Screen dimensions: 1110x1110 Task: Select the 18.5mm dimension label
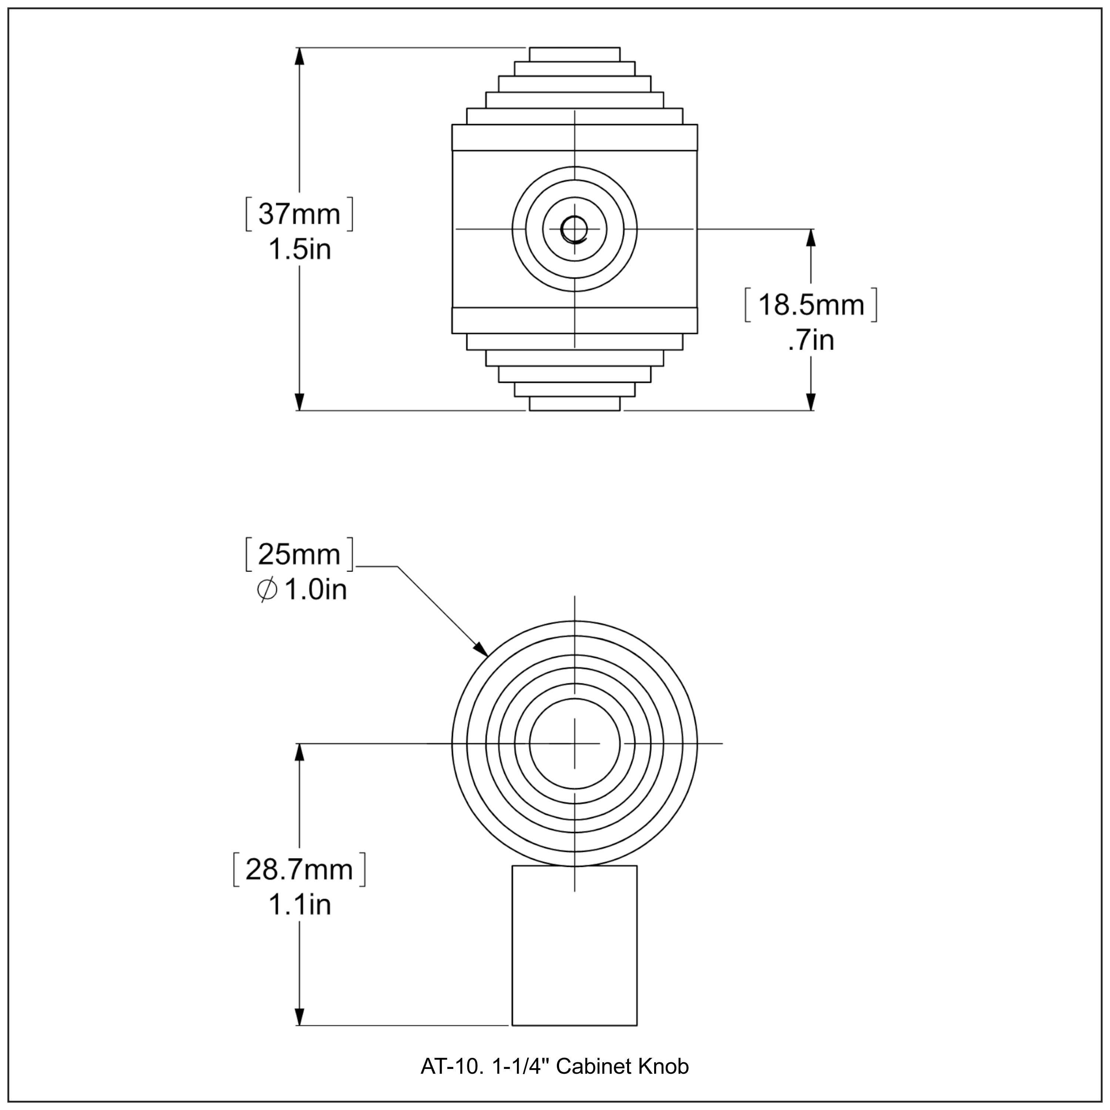click(811, 305)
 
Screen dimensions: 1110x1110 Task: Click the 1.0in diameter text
click(315, 590)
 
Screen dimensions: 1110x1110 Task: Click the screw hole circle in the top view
click(573, 229)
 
